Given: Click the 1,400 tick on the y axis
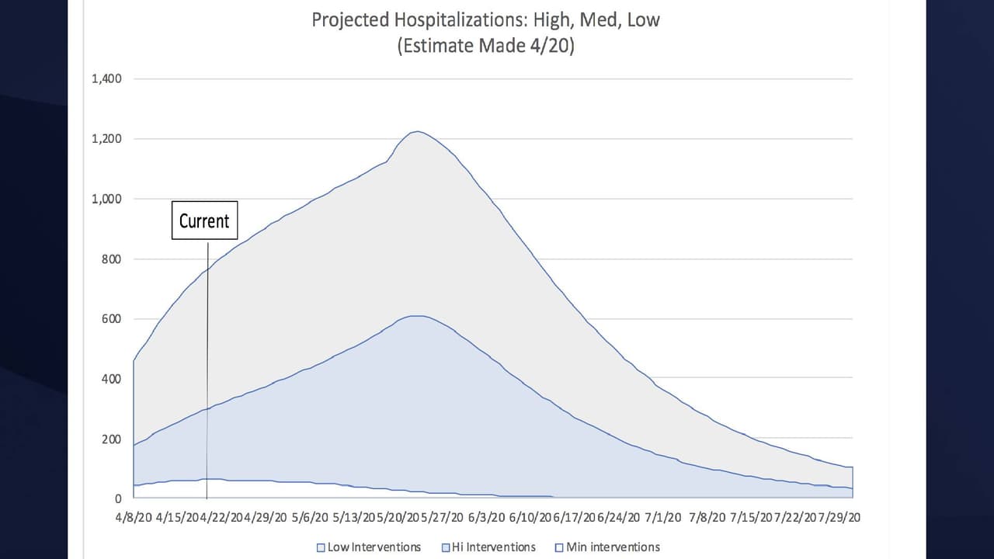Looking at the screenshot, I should [106, 79].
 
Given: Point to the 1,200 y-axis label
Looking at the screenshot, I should [106, 139].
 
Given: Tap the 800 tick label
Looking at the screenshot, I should [111, 259].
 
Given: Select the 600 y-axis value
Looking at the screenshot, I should [111, 319].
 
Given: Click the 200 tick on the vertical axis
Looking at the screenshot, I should [111, 439].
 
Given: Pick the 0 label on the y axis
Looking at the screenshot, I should [118, 499].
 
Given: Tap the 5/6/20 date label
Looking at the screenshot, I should [311, 517].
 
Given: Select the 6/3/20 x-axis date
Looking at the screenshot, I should [486, 517].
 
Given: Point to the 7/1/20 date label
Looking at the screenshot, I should [662, 517].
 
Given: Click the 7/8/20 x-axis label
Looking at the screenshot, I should [707, 517].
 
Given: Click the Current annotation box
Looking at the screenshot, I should [204, 220].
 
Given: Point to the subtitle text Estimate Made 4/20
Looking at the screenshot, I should [485, 46].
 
